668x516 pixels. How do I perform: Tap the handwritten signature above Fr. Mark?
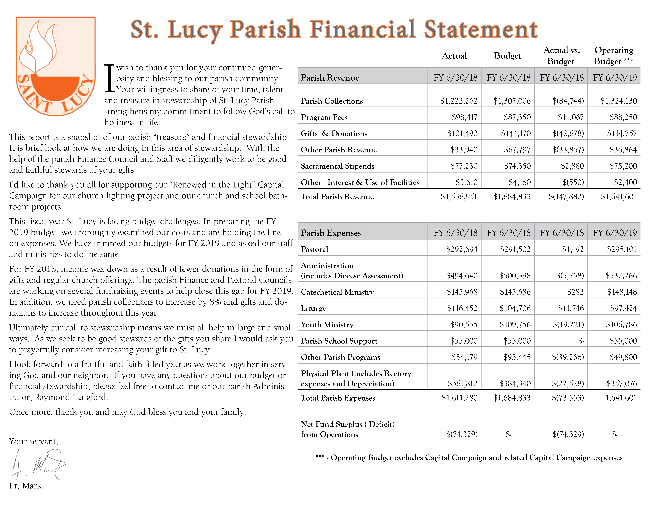point(38,464)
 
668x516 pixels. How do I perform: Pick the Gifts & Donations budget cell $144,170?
point(516,134)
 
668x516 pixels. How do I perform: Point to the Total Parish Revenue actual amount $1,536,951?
point(459,197)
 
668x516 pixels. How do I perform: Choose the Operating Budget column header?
point(614,56)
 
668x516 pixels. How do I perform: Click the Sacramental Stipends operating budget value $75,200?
point(623,166)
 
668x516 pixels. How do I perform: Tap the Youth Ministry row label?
point(327,325)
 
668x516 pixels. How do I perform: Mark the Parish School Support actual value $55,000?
point(464,341)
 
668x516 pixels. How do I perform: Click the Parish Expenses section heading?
point(331,233)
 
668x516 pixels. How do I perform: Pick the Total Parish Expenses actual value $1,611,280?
point(459,398)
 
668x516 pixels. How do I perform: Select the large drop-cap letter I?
point(109,78)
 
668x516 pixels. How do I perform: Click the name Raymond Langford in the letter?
point(71,397)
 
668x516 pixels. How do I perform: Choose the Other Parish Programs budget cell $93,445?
point(517,357)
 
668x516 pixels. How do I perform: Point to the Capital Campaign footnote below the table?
point(469,458)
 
